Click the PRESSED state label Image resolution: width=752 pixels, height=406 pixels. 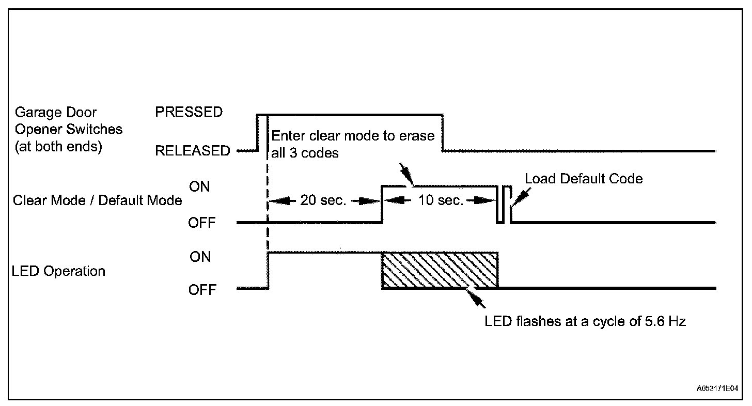[189, 112]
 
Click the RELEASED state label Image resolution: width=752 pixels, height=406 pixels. [193, 151]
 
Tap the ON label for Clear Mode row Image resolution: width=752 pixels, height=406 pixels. [200, 187]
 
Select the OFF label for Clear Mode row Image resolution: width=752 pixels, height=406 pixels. [202, 223]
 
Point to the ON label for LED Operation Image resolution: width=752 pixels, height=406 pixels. [200, 257]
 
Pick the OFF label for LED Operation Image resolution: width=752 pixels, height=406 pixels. [202, 290]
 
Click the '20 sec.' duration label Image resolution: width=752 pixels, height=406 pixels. [323, 200]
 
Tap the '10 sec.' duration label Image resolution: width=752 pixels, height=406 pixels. [441, 200]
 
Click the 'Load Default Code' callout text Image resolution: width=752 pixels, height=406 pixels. [584, 179]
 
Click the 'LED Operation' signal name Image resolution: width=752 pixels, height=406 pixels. [58, 271]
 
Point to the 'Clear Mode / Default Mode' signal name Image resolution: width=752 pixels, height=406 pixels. [98, 200]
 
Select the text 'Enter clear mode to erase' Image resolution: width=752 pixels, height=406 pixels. [353, 136]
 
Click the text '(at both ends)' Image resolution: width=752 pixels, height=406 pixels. [58, 146]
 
